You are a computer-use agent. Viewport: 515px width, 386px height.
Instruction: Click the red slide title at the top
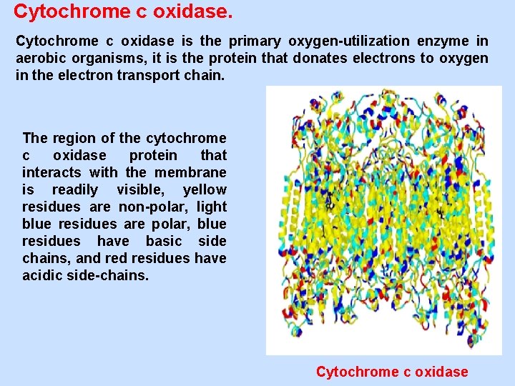tap(123, 11)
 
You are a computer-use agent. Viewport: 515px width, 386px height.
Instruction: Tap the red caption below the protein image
tap(392, 372)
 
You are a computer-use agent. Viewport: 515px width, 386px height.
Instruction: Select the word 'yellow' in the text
tap(205, 189)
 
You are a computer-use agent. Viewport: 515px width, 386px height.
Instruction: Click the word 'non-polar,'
tap(149, 207)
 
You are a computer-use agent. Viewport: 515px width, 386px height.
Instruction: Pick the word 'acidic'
tap(44, 275)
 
